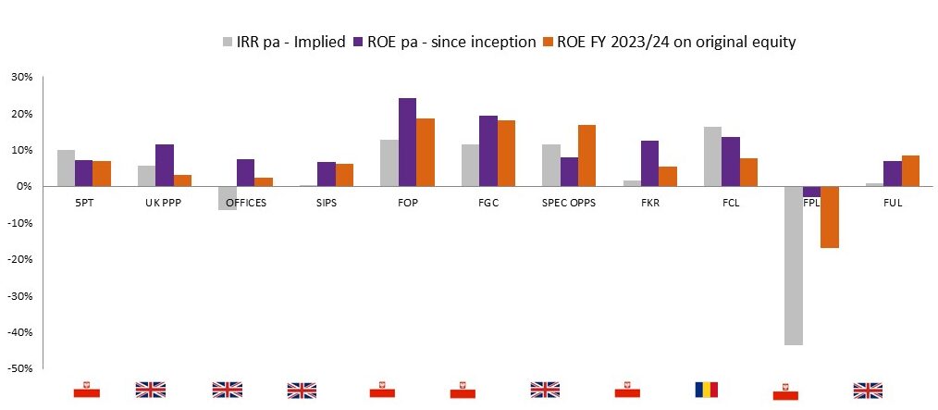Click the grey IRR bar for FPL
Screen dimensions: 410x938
click(x=793, y=266)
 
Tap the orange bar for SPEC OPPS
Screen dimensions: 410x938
click(x=586, y=155)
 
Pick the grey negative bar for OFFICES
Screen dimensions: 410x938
click(x=228, y=198)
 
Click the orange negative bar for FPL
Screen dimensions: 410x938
click(x=828, y=217)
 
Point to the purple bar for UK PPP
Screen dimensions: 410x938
click(x=165, y=166)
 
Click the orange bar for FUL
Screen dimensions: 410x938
click(x=910, y=171)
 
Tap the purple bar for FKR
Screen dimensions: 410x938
click(x=650, y=164)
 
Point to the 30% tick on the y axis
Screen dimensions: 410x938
click(x=20, y=78)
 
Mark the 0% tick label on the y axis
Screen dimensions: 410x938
click(x=24, y=187)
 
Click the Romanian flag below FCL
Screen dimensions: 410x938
click(x=706, y=390)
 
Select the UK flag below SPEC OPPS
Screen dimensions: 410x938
click(x=546, y=390)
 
